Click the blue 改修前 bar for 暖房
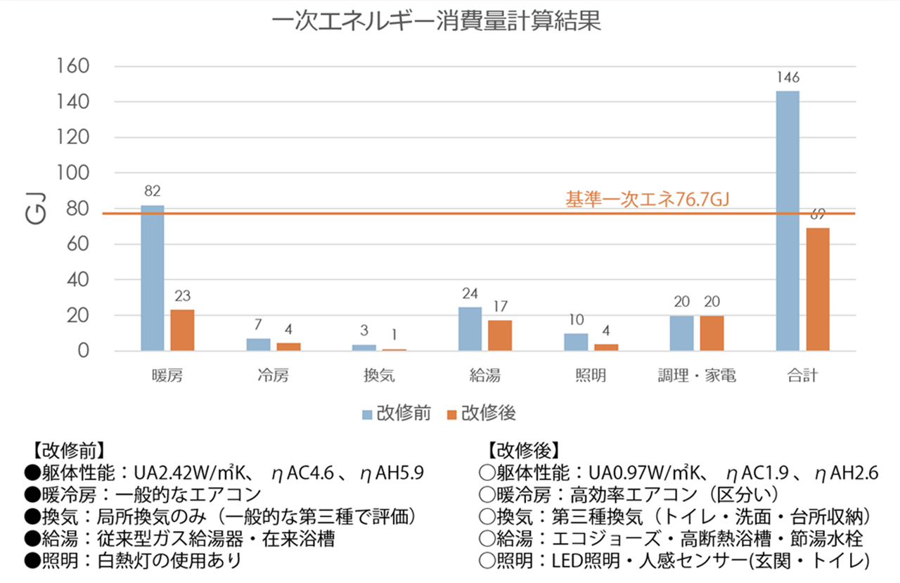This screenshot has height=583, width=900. click(153, 278)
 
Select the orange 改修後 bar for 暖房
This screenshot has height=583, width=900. click(182, 330)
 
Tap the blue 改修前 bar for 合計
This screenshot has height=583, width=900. click(787, 221)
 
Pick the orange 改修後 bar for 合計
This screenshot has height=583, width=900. click(818, 289)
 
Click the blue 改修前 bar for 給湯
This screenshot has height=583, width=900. click(470, 328)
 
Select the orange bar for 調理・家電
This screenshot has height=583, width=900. click(712, 333)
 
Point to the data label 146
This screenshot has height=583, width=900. click(788, 77)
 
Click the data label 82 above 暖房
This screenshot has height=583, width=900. click(153, 191)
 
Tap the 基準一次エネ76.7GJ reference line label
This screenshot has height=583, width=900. click(647, 200)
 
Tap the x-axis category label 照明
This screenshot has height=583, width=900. click(589, 376)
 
